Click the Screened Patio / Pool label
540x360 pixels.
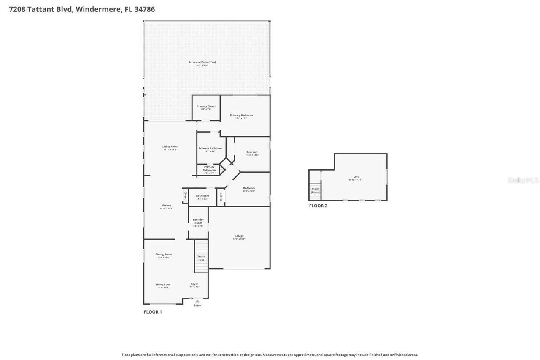click(x=202, y=62)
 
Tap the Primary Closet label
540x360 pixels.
click(x=206, y=106)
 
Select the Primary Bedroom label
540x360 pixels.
click(x=241, y=116)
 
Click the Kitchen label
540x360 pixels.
click(x=166, y=206)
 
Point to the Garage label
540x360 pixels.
click(x=239, y=236)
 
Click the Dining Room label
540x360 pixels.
click(x=164, y=254)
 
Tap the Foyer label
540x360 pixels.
click(x=194, y=284)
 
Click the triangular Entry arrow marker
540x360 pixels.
click(x=197, y=301)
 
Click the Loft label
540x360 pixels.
click(x=356, y=177)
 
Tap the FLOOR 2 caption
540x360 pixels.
click(x=318, y=206)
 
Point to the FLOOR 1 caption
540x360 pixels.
click(x=153, y=312)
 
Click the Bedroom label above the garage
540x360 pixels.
click(x=249, y=188)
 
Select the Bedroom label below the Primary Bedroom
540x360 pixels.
click(x=252, y=152)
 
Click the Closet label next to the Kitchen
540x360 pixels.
click(x=185, y=196)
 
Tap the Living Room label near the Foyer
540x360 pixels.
click(x=164, y=284)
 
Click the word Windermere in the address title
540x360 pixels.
click(x=98, y=9)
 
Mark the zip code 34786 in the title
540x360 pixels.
click(x=144, y=9)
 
